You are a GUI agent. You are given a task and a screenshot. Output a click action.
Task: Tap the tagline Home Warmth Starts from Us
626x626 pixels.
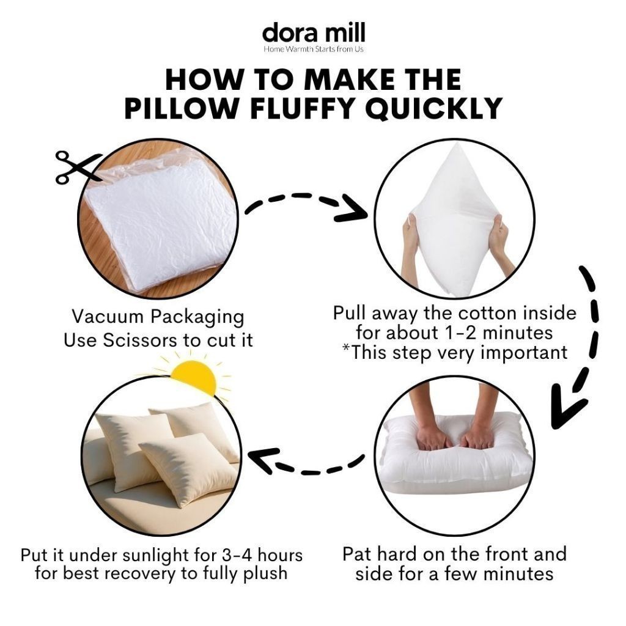pos(314,49)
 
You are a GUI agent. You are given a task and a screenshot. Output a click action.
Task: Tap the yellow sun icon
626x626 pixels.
pos(194,376)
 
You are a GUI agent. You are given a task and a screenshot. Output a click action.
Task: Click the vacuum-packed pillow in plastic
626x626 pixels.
pos(160,221)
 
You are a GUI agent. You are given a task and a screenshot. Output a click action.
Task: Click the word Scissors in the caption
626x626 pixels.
pos(140,340)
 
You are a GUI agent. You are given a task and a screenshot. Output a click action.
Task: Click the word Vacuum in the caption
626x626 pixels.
pos(108,317)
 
